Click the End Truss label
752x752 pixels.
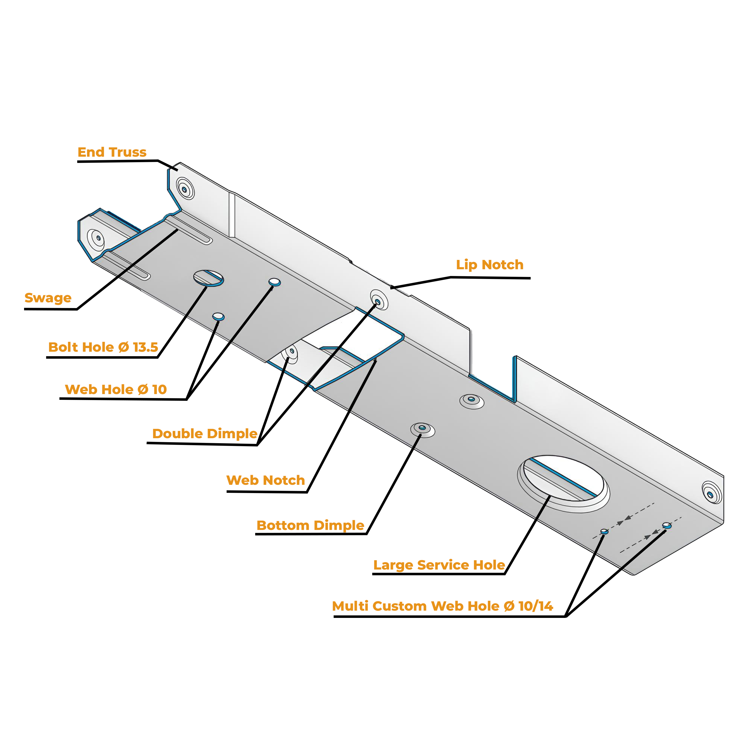[112, 152]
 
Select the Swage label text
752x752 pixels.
[48, 298]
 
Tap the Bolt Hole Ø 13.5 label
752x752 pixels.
[103, 347]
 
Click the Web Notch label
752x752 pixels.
[265, 480]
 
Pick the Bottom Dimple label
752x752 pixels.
[310, 525]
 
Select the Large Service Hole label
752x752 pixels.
[439, 565]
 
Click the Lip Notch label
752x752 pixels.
[490, 265]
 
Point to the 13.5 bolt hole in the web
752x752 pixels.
[209, 278]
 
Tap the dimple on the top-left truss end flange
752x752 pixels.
[184, 189]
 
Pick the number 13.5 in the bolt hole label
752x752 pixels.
[145, 347]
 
